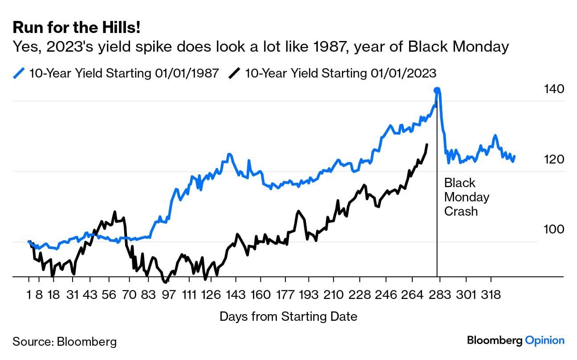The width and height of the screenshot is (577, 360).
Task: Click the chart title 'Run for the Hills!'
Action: (77, 28)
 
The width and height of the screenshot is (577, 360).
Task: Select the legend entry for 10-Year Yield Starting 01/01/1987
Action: (117, 73)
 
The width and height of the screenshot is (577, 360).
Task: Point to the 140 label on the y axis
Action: (554, 89)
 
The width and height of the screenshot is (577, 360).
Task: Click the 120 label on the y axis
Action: (554, 160)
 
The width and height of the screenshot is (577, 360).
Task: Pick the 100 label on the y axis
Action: (554, 229)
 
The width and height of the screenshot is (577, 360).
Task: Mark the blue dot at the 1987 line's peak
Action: (437, 90)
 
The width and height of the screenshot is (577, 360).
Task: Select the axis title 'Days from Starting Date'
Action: (288, 317)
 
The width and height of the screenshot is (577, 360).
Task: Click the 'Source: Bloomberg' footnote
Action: (65, 342)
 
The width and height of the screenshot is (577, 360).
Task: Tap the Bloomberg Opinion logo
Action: (516, 340)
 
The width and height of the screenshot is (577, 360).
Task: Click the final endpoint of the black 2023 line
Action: (427, 144)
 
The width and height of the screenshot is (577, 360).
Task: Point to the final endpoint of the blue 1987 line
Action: (515, 156)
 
